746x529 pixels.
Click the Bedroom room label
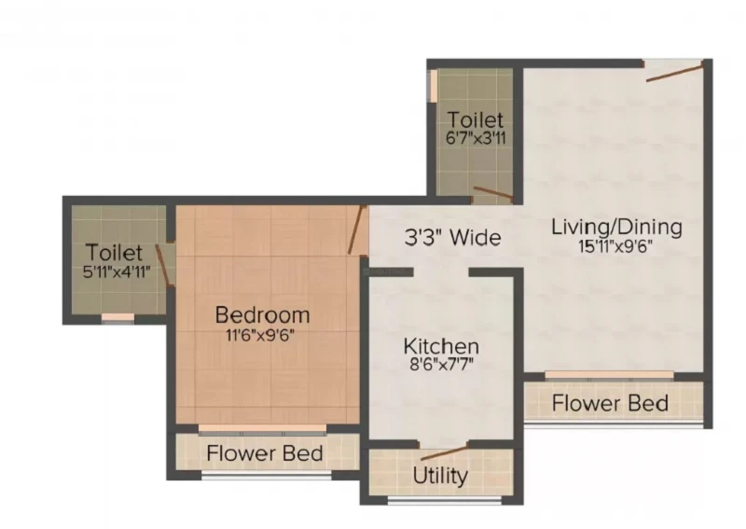coord(262,314)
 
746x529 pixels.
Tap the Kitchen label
coord(441,346)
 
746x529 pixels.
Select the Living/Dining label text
coord(616,228)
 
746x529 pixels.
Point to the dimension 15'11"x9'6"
coord(615,246)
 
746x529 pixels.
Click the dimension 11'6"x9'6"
coord(260,336)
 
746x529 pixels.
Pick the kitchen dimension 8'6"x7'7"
coord(441,365)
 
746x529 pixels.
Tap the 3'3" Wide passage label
coord(452,237)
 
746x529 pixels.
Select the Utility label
coord(440,476)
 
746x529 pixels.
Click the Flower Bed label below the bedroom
coord(265,452)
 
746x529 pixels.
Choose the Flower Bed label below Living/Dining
coord(610,403)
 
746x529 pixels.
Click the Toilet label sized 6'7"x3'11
coord(476,119)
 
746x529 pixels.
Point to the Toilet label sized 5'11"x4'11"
coord(114,252)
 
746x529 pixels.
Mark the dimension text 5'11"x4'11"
coord(117,271)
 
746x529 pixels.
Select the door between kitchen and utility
coord(445,452)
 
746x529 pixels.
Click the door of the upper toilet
coord(493,192)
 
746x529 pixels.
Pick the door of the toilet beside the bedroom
coord(163,266)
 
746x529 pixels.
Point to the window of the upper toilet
coord(433,86)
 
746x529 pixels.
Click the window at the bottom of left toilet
coord(118,318)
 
